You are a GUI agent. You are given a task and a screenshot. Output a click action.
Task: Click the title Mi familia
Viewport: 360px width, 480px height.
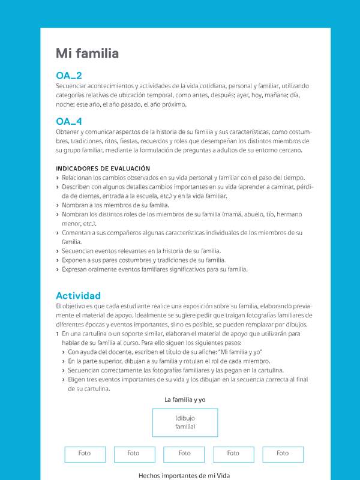click(x=87, y=54)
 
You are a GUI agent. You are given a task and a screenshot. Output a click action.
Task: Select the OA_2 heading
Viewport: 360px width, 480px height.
click(x=69, y=76)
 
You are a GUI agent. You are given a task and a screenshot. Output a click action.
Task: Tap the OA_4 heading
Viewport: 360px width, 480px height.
click(x=69, y=121)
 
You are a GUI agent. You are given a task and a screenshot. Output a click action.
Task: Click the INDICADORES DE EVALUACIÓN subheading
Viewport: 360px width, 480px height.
click(x=103, y=169)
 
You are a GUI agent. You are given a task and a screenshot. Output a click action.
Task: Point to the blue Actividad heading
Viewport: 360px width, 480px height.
click(x=78, y=296)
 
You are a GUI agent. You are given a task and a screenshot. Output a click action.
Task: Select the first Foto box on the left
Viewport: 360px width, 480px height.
click(x=85, y=454)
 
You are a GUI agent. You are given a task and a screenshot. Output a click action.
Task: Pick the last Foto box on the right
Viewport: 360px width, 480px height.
click(x=283, y=454)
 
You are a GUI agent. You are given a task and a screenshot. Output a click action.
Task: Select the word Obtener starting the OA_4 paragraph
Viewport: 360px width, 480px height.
click(x=68, y=132)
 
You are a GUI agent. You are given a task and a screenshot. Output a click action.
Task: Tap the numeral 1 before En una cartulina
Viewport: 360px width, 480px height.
click(x=57, y=334)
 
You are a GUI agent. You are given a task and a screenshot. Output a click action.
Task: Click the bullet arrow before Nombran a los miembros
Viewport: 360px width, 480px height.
click(x=58, y=205)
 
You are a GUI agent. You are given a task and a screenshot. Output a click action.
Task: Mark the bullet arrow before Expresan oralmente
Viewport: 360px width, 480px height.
click(x=58, y=270)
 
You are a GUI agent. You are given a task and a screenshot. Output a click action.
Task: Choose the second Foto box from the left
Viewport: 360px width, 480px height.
click(x=134, y=454)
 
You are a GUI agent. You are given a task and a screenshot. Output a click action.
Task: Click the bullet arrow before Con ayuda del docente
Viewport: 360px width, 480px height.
click(x=64, y=352)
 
